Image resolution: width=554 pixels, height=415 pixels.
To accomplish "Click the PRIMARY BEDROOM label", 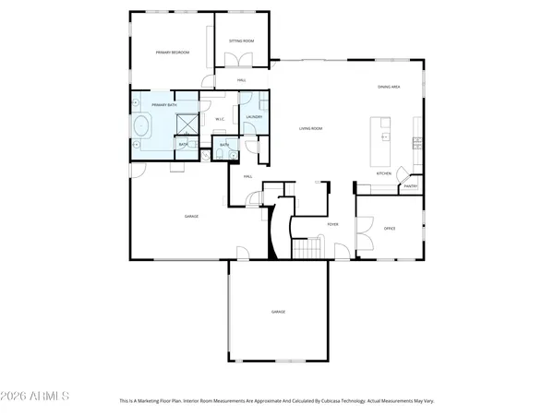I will (x=172, y=53).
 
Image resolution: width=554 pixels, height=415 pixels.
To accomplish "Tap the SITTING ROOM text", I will (x=242, y=41).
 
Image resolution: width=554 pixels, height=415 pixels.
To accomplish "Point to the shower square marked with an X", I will (x=185, y=120).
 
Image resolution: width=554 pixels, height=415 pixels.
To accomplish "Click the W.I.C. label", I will (x=221, y=119).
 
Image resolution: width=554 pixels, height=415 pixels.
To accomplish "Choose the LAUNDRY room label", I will (x=255, y=117).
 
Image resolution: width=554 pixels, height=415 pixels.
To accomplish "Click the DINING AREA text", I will (x=389, y=87).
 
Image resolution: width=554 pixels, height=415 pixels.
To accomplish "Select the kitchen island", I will (x=379, y=136).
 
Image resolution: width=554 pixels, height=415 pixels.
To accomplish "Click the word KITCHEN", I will (x=384, y=173).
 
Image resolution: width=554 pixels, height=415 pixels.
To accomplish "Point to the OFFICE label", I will (x=390, y=228).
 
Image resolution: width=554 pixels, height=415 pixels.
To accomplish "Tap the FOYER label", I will (x=333, y=223).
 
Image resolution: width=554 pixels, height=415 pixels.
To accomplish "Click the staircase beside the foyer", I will (x=307, y=248).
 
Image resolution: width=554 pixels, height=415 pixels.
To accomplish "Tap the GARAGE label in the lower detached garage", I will (x=278, y=312).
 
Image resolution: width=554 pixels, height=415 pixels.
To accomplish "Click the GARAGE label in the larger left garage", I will (x=192, y=216).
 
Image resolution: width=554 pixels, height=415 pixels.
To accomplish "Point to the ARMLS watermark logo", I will (x=36, y=397).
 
